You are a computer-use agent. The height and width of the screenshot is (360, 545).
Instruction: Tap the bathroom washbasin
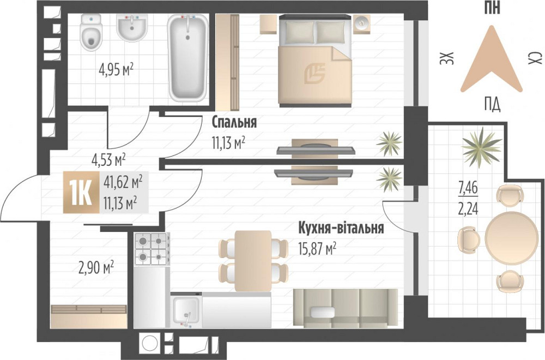(x=131, y=27)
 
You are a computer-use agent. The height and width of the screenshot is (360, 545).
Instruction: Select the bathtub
(x=187, y=57)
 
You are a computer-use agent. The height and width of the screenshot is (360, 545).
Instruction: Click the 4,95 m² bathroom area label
(x=116, y=70)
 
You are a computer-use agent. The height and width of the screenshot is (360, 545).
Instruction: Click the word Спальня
(x=234, y=122)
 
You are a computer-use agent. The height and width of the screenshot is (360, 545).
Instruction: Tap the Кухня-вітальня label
(x=341, y=228)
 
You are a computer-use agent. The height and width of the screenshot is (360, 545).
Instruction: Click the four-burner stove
(x=150, y=248)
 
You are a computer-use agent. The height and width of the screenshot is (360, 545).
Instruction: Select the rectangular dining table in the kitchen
(x=253, y=260)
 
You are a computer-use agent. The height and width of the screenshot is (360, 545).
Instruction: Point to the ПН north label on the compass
(x=492, y=8)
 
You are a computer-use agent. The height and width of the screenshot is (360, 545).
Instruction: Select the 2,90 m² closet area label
(x=96, y=267)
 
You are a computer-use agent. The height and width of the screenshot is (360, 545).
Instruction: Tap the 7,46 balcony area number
(x=467, y=190)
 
